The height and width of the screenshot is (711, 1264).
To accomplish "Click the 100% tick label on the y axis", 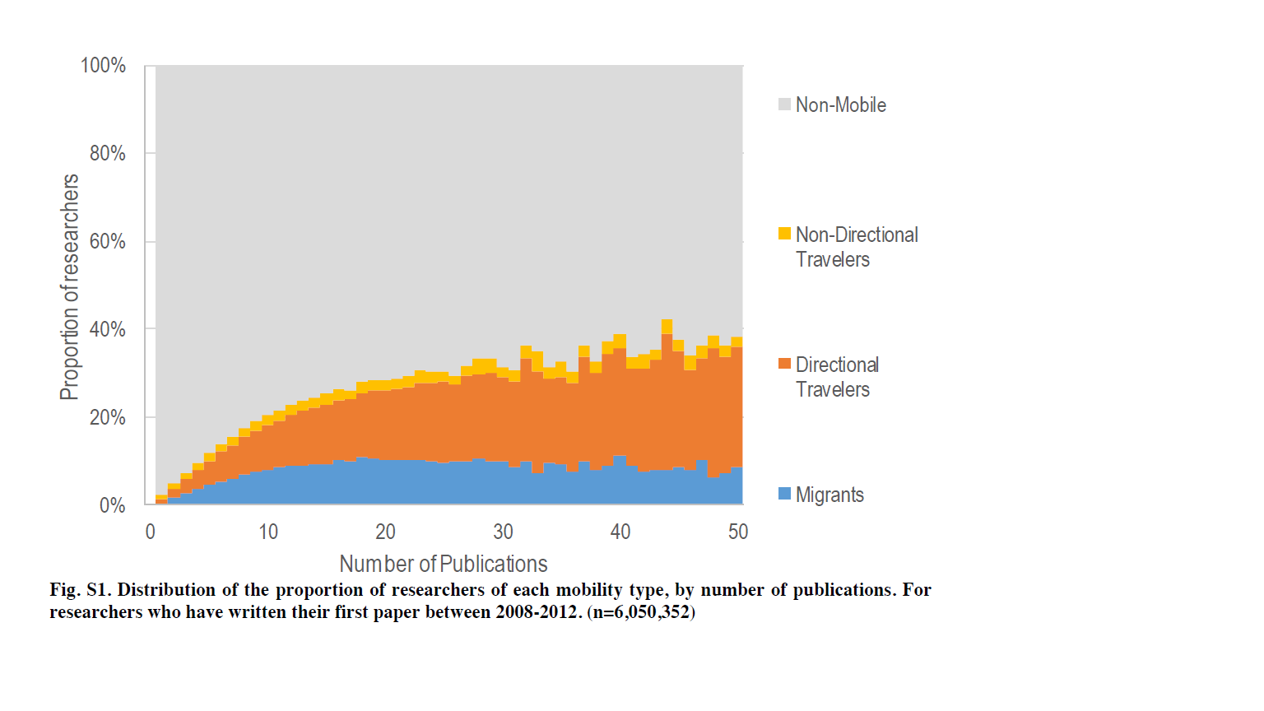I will point(103,66).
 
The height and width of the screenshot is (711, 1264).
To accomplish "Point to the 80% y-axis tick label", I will point(107,154).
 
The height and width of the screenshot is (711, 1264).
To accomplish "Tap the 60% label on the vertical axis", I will point(107,242).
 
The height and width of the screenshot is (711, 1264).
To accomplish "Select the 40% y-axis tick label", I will point(107,330).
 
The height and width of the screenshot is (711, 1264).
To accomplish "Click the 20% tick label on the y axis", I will point(107,418).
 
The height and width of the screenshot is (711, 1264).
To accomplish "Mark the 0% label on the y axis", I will point(112,505).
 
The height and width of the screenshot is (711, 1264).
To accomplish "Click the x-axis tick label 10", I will point(268,532).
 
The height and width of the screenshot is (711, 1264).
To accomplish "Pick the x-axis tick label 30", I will point(503,532).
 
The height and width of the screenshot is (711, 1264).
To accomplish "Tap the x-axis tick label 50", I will point(738,532).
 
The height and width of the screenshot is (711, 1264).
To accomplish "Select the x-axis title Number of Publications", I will point(444,564).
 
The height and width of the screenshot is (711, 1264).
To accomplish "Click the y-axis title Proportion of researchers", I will point(70,286).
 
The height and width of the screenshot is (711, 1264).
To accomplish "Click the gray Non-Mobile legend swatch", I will point(784,105).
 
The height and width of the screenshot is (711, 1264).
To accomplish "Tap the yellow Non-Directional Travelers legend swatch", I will point(784,234).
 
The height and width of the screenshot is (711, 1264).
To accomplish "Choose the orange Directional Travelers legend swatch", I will point(784,364).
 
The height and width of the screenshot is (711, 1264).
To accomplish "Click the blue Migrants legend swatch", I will point(784,494).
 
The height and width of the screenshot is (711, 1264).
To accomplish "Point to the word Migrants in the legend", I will point(829,495).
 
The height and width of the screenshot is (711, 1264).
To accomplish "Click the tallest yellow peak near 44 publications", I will point(667,326).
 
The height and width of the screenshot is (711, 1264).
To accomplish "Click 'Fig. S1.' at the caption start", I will point(80,590).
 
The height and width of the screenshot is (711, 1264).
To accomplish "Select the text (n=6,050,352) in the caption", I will point(641,612).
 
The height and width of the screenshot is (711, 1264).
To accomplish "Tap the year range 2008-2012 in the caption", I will point(538,612).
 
